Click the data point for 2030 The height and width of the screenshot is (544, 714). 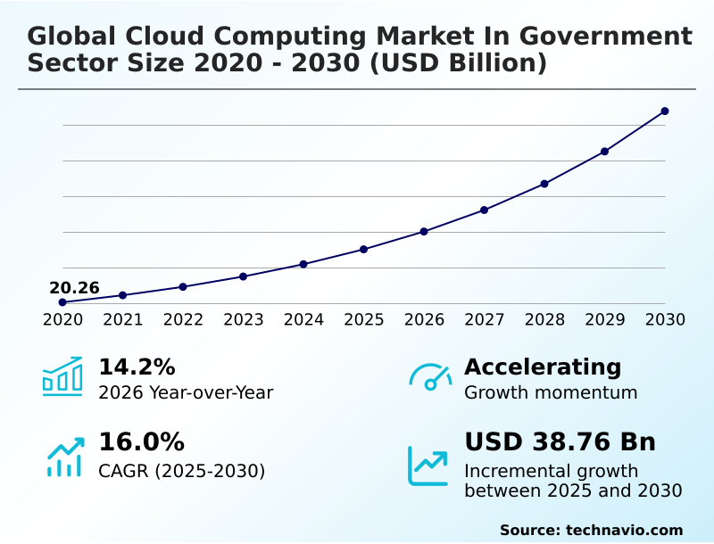click(x=665, y=111)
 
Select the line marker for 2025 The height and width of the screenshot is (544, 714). click(x=364, y=249)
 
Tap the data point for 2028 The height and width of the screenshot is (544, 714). click(x=544, y=184)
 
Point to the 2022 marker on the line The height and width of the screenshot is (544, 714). click(x=183, y=286)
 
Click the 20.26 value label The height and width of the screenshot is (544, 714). click(x=74, y=288)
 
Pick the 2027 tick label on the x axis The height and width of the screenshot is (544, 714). click(x=485, y=319)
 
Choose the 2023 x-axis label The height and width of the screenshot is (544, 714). click(x=244, y=319)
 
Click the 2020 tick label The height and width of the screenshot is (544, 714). click(x=62, y=319)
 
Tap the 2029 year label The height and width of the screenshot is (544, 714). click(x=605, y=319)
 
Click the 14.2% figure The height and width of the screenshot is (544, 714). click(x=137, y=367)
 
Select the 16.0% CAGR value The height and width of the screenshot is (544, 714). click(x=141, y=442)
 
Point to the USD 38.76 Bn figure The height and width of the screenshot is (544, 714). click(x=560, y=442)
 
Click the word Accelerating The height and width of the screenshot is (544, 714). click(x=543, y=367)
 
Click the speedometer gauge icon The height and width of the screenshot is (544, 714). click(x=430, y=376)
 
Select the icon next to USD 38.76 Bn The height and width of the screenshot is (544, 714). click(x=428, y=465)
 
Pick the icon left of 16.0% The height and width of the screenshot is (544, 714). click(x=64, y=457)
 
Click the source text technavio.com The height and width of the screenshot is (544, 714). click(x=624, y=530)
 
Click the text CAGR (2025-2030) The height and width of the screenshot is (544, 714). click(x=182, y=471)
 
